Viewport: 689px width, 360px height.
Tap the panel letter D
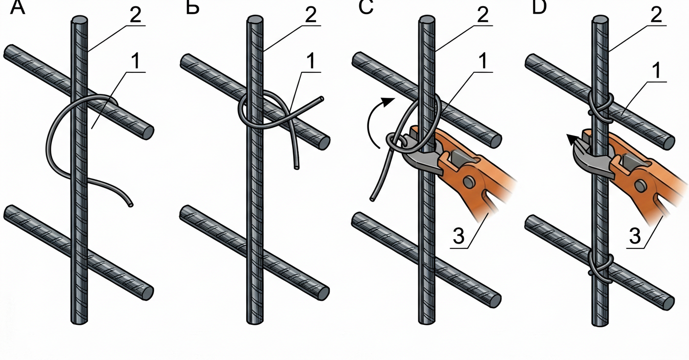click(539, 7)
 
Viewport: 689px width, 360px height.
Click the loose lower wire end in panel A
click(130, 205)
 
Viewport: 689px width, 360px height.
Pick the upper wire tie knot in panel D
click(601, 105)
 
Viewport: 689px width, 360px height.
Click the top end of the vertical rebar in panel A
click(79, 21)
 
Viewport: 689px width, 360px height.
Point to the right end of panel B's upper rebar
click(322, 141)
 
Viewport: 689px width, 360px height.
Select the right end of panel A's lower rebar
click(147, 292)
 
